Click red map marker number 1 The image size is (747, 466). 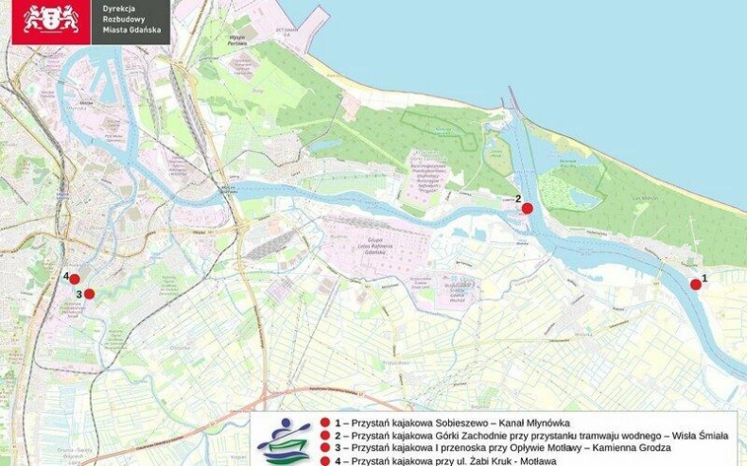(x=696, y=284)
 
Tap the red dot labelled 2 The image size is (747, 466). (x=528, y=209)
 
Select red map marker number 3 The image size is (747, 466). (x=90, y=294)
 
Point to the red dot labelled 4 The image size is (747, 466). (x=75, y=279)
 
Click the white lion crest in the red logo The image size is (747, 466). (x=51, y=18)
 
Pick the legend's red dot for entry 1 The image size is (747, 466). (x=324, y=423)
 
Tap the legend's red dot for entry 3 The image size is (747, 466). (x=324, y=447)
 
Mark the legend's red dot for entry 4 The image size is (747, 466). (x=324, y=460)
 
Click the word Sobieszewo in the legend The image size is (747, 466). (x=474, y=423)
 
